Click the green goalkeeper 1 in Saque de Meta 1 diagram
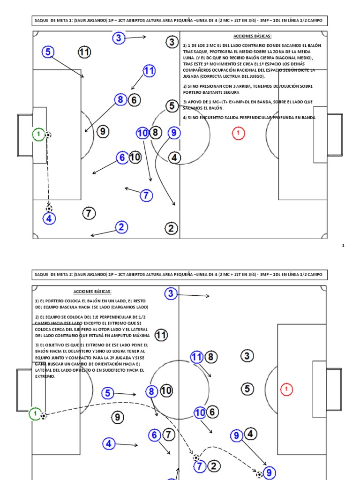38,135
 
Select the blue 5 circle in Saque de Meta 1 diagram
47,52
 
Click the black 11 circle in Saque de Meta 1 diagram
84,52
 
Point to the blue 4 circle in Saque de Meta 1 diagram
49,218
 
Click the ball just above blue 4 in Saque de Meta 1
49,208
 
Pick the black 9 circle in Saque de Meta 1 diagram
103,132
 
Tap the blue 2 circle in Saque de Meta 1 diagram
121,227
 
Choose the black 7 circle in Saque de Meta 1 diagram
89,213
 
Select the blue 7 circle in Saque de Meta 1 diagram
146,195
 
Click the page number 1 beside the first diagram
343,245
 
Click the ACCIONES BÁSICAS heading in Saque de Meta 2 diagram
93,291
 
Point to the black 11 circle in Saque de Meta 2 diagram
161,335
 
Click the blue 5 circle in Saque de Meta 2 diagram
108,393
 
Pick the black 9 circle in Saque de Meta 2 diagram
118,417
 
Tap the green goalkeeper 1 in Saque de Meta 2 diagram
35,414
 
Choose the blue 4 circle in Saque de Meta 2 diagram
109,443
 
